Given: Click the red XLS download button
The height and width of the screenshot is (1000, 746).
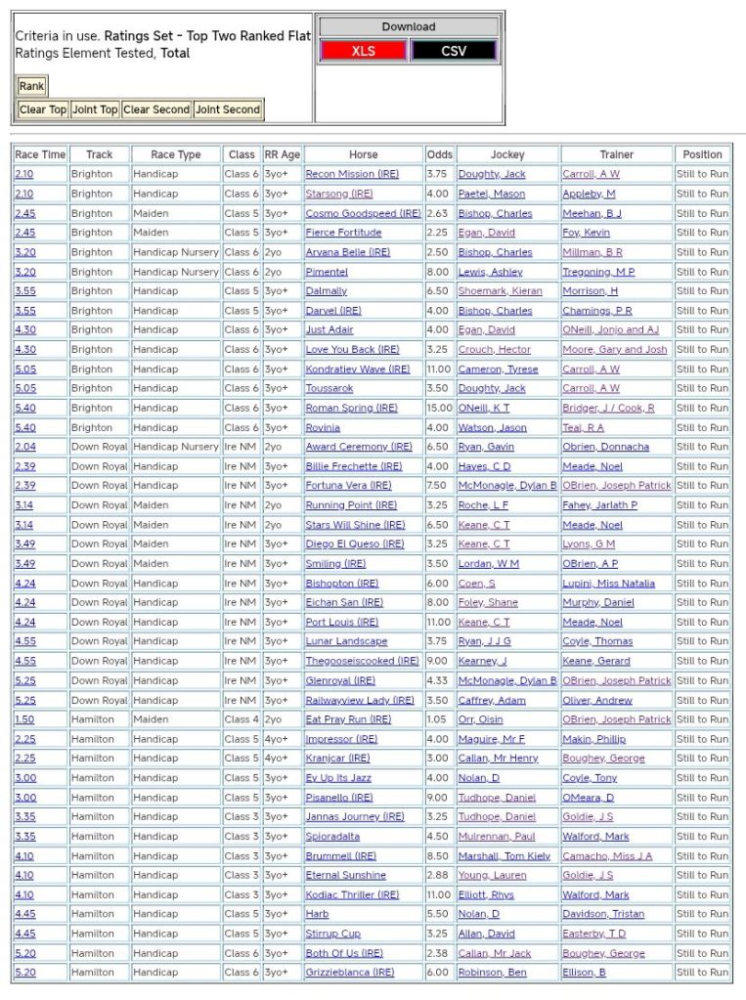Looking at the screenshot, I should point(363,51).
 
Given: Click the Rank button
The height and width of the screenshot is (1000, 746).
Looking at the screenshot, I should point(31,86).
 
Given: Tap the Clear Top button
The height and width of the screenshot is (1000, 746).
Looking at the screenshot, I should point(43,109).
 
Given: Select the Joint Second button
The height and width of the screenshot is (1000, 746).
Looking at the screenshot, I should point(228,109).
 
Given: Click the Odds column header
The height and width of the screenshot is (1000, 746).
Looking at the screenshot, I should point(440,154).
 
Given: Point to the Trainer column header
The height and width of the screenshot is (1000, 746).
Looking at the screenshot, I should point(617,154).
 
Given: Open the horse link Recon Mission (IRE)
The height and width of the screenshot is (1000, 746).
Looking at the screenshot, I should point(340,174).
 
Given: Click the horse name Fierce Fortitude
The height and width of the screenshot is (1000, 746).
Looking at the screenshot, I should point(343,233).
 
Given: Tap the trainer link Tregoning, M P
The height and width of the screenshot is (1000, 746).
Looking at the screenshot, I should point(598,272).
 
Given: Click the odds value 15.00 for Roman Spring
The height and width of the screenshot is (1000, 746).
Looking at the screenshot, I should point(439,408).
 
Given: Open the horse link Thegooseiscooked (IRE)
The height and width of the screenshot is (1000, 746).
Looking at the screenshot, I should point(362,661).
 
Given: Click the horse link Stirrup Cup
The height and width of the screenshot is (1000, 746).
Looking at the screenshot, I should point(333,934).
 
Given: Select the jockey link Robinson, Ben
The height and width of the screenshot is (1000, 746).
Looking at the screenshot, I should point(493,973).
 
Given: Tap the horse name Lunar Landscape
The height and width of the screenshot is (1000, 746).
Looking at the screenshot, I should point(346,641).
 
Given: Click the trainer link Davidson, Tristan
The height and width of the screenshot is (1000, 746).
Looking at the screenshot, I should point(603,914).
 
